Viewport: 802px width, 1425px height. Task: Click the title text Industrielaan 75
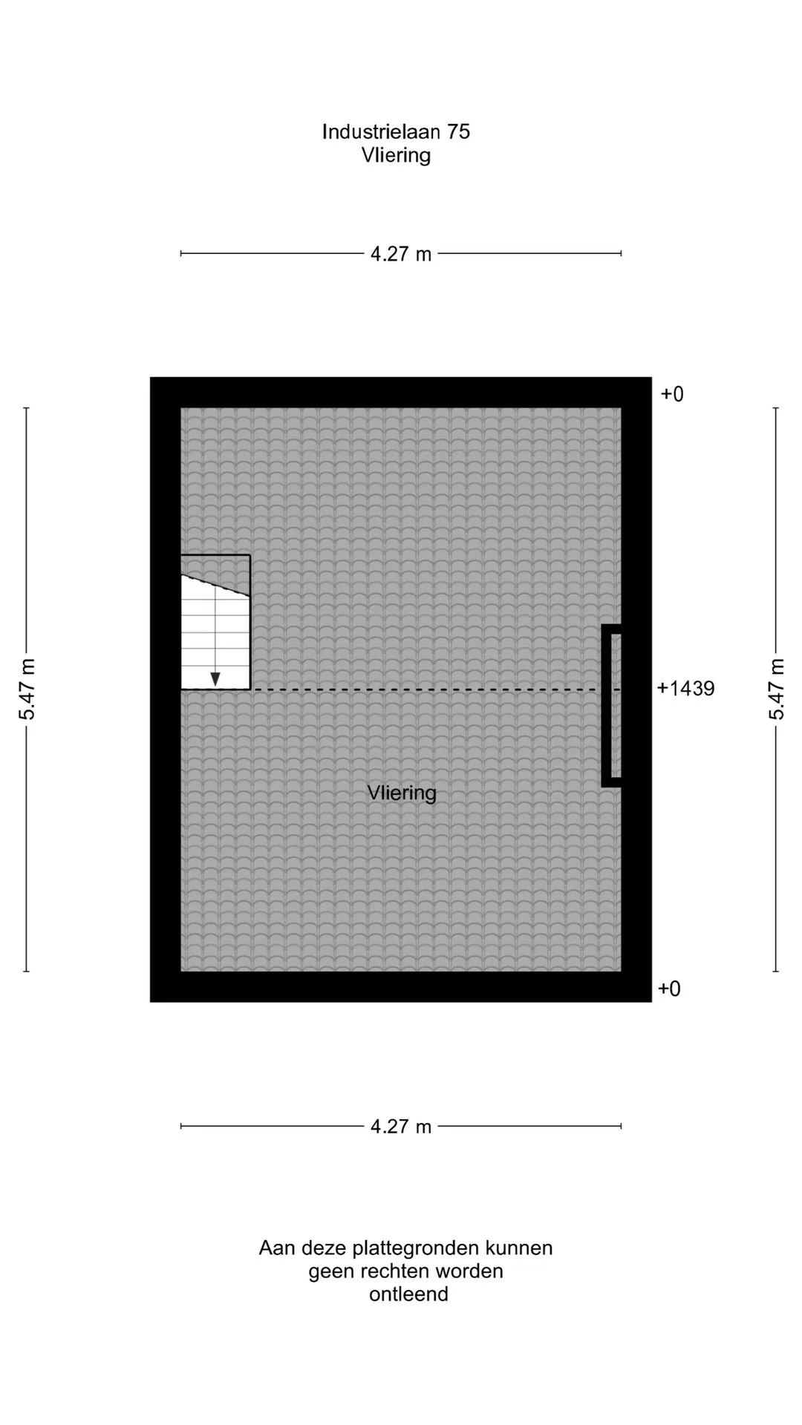tap(396, 131)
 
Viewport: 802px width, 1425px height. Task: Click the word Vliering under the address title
tap(396, 155)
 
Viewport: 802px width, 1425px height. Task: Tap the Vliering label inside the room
tap(402, 793)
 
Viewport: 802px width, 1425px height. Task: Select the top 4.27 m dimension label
tap(401, 254)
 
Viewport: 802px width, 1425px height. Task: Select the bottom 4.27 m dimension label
tap(401, 1127)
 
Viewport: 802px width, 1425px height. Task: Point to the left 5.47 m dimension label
tap(27, 689)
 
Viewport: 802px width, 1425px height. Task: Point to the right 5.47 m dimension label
tap(776, 689)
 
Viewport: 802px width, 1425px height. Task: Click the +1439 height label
tap(685, 689)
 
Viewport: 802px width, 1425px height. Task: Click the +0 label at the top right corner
tap(672, 394)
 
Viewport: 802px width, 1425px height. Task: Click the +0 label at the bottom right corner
tap(669, 989)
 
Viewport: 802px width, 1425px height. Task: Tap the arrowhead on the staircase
tap(215, 678)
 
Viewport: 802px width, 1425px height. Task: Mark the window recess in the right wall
tap(612, 705)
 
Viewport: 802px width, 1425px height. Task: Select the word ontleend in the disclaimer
tap(408, 1294)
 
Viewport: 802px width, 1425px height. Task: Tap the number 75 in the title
tap(458, 131)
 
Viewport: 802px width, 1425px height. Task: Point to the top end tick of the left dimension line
tap(27, 408)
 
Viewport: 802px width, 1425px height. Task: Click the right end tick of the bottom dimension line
tap(621, 1126)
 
